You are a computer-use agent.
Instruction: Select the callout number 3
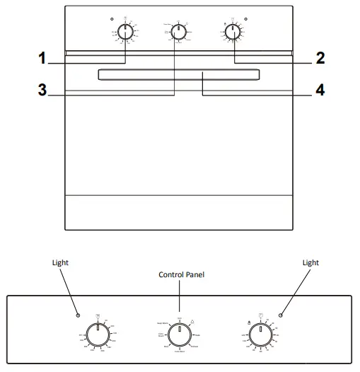42,90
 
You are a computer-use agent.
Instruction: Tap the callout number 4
320,90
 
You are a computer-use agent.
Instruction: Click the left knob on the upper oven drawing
124,32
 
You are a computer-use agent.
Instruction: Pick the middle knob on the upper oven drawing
180,32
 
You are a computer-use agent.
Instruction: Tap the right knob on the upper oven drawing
232,32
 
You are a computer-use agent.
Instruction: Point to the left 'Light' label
62,262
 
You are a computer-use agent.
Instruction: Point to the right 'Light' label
310,262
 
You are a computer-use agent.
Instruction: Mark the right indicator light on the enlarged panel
281,315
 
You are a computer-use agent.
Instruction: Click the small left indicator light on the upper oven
112,18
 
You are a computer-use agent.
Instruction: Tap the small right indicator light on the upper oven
245,18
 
